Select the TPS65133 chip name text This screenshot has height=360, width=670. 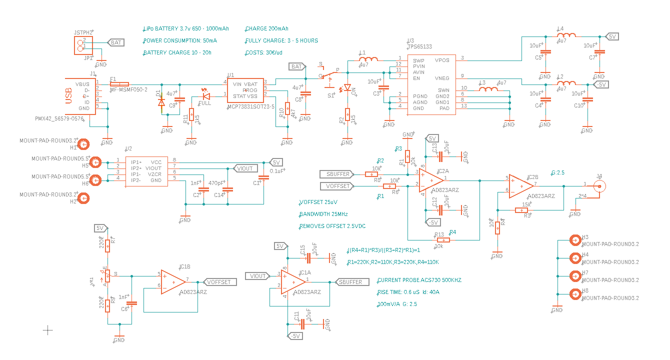(x=420, y=46)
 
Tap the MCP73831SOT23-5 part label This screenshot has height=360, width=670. (x=250, y=106)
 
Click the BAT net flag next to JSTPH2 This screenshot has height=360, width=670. (x=116, y=42)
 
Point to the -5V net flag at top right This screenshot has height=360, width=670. (x=600, y=85)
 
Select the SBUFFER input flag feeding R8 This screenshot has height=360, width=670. (x=337, y=174)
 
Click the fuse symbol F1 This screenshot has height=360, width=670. (x=119, y=84)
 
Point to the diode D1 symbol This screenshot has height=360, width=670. (x=161, y=102)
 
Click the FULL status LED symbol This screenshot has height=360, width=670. (x=205, y=96)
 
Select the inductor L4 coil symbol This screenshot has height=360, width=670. (x=566, y=35)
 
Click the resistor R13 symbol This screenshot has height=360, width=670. (x=443, y=240)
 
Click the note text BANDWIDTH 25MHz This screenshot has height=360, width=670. (x=323, y=214)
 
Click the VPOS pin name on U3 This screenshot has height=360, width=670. (x=442, y=60)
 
